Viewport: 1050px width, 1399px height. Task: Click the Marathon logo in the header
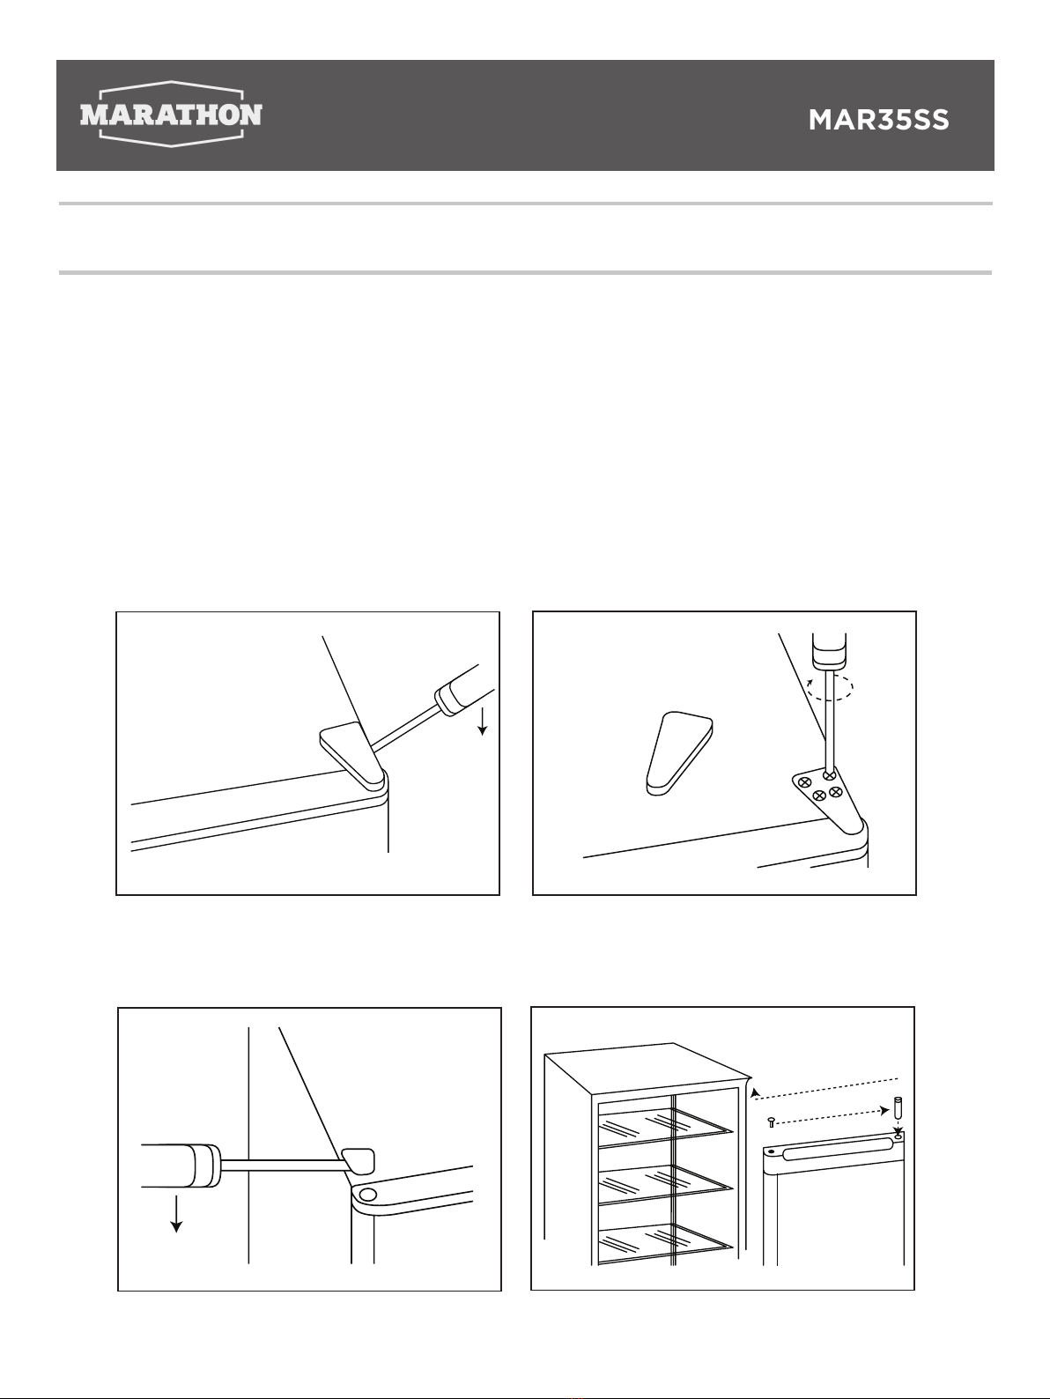coord(171,114)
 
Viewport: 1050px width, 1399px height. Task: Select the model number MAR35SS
coord(878,120)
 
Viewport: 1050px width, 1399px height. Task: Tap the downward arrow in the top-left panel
coord(483,721)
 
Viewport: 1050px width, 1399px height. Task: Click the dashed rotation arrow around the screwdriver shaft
coord(830,688)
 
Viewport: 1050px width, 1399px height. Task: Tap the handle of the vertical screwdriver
coord(830,649)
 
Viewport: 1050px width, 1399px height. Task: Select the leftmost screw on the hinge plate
coord(805,781)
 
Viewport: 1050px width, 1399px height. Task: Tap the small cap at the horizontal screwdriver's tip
coord(358,1161)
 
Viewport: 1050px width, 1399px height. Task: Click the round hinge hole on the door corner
coord(367,1194)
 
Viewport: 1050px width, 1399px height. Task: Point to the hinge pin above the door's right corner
coord(899,1107)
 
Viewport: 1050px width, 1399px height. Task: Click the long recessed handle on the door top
coord(837,1144)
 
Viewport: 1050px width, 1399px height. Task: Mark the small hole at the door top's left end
coord(772,1152)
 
